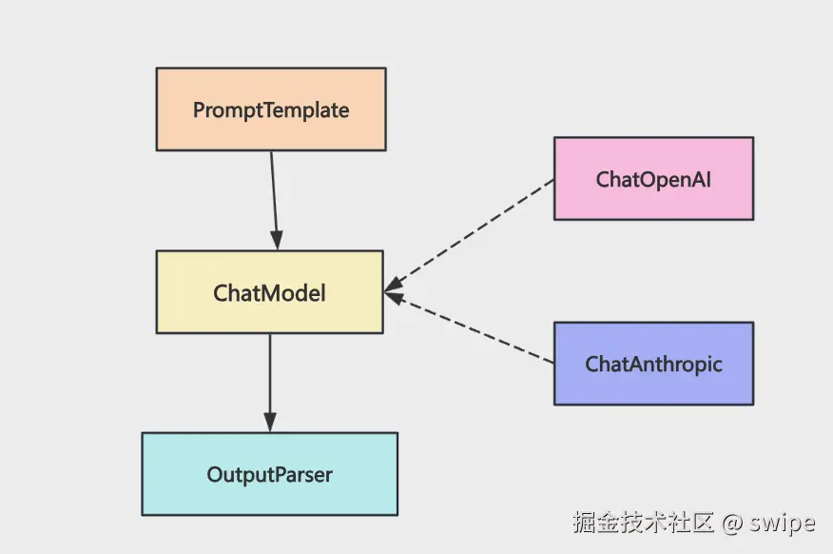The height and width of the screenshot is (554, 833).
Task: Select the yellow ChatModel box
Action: (x=269, y=314)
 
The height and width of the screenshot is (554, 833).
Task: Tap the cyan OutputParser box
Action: (x=269, y=495)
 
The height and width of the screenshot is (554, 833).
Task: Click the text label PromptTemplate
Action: (x=271, y=109)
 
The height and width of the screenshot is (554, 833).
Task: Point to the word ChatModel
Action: (x=269, y=292)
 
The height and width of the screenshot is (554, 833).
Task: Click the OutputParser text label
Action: (x=269, y=474)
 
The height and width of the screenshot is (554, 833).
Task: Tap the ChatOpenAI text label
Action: (x=653, y=179)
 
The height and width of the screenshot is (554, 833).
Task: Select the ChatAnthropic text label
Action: (x=653, y=364)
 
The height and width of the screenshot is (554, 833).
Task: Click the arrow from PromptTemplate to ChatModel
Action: (x=274, y=195)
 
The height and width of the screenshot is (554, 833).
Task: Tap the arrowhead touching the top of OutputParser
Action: (x=270, y=423)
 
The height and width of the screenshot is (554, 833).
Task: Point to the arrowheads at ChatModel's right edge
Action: (x=394, y=290)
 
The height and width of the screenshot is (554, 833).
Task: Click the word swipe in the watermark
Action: (x=782, y=523)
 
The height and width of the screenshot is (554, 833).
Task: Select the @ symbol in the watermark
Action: (x=731, y=524)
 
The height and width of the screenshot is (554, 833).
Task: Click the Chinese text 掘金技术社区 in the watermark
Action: (x=643, y=523)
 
